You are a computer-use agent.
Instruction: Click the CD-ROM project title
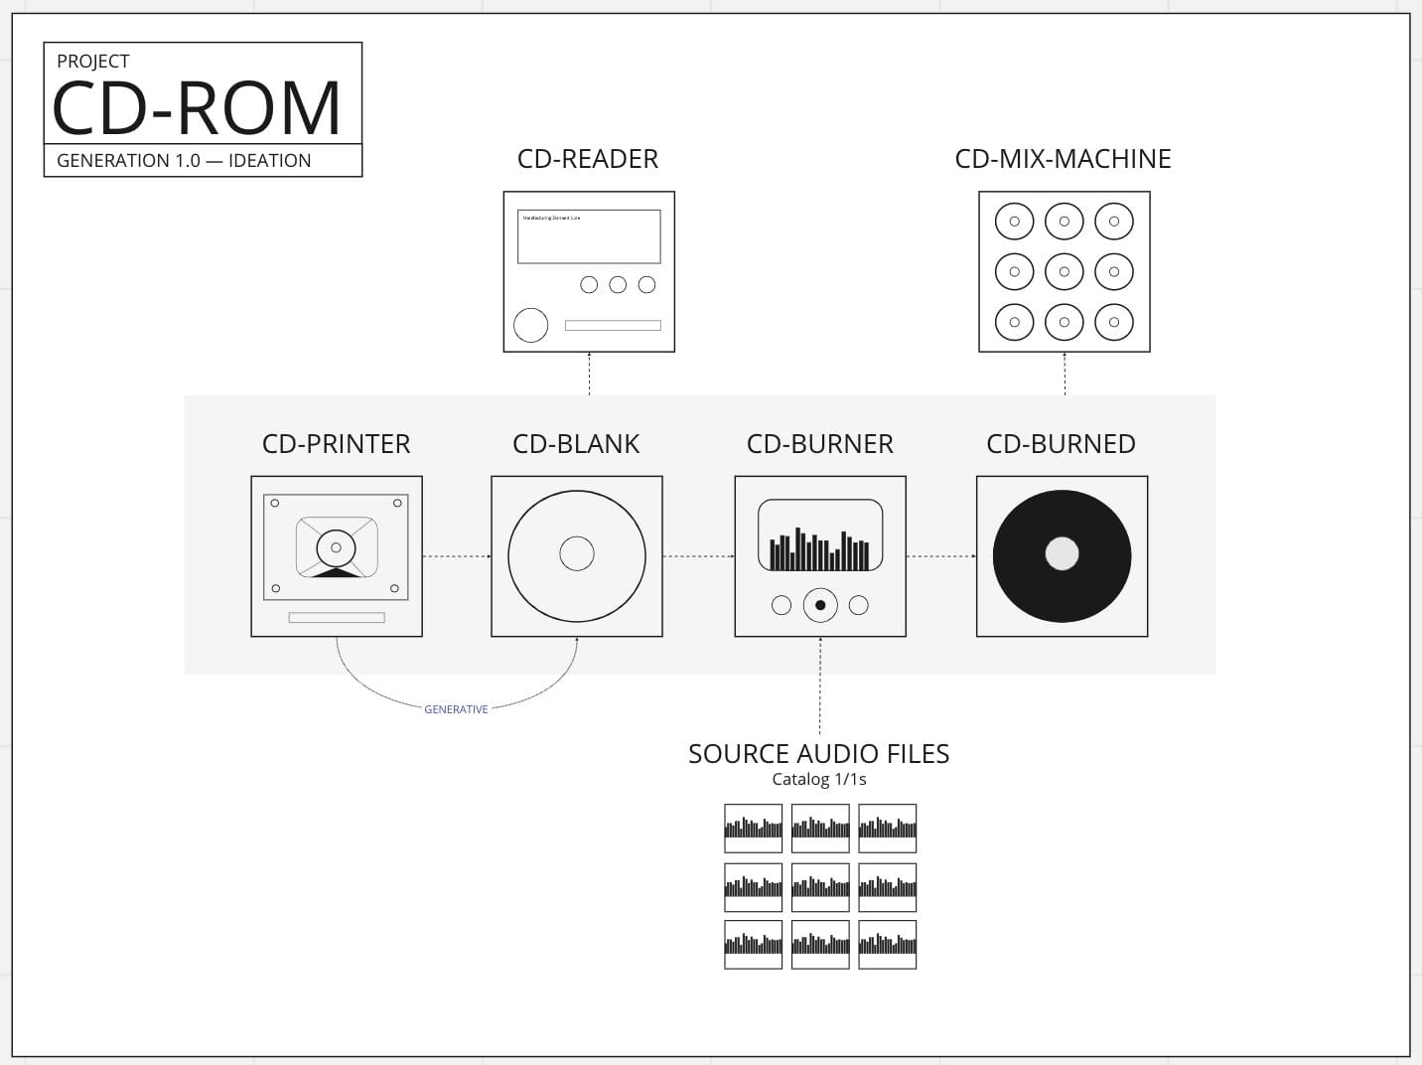coord(197,107)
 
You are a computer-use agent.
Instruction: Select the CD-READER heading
coord(588,159)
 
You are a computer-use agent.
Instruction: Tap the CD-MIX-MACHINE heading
coord(1063,159)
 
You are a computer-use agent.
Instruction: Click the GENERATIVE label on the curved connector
coord(456,709)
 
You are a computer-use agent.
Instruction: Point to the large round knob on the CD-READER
coord(530,325)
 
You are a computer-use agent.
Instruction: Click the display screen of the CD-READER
coord(589,236)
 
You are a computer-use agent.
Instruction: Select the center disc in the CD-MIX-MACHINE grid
coord(1064,271)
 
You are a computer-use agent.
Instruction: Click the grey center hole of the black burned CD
coord(1062,553)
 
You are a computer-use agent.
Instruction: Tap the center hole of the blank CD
coord(577,553)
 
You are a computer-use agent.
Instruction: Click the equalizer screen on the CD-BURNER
coord(820,536)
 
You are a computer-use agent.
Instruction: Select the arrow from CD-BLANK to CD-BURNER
coord(698,556)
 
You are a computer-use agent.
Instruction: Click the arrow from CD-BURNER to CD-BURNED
coord(940,556)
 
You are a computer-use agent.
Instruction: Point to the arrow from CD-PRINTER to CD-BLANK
coord(457,556)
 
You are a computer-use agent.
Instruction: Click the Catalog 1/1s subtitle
coord(819,779)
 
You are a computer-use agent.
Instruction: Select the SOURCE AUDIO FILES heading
coord(819,754)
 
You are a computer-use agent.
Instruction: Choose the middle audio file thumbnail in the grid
coord(820,886)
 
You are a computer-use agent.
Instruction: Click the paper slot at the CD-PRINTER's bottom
coord(337,618)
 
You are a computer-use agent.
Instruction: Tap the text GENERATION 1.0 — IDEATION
coord(184,161)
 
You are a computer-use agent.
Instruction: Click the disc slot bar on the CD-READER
coord(613,326)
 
